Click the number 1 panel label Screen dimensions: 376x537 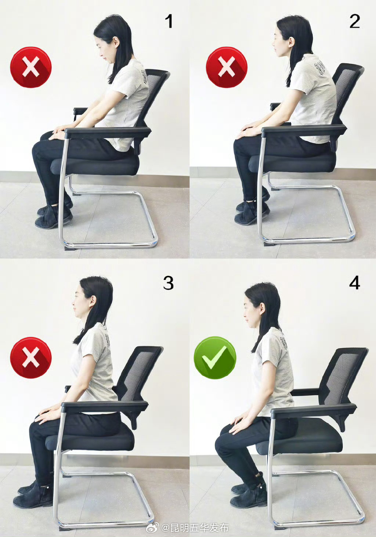[x=169, y=21]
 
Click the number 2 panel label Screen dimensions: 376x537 [x=355, y=21]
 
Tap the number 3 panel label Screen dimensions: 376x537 [x=168, y=283]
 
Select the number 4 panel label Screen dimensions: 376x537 [x=355, y=283]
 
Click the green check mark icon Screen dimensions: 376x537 [x=215, y=358]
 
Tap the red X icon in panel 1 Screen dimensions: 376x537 [x=31, y=67]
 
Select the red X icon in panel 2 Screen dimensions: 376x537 [x=227, y=67]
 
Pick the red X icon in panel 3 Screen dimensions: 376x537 [x=31, y=358]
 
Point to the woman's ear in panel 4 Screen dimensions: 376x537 [x=262, y=309]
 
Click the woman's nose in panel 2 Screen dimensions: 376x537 [x=273, y=44]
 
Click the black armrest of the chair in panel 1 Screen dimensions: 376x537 [x=108, y=132]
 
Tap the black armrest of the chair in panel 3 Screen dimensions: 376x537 [x=105, y=406]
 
